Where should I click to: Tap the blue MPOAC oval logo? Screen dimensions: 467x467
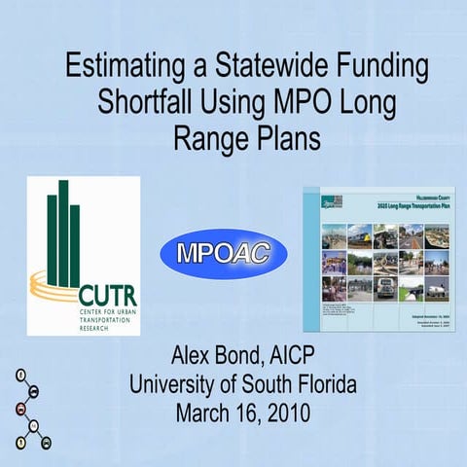click(224, 254)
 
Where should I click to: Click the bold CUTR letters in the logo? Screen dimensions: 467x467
click(110, 296)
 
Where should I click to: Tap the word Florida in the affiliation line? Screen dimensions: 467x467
click(322, 383)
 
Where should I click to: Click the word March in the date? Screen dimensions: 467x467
click(207, 413)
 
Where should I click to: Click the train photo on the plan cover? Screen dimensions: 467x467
click(361, 235)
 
